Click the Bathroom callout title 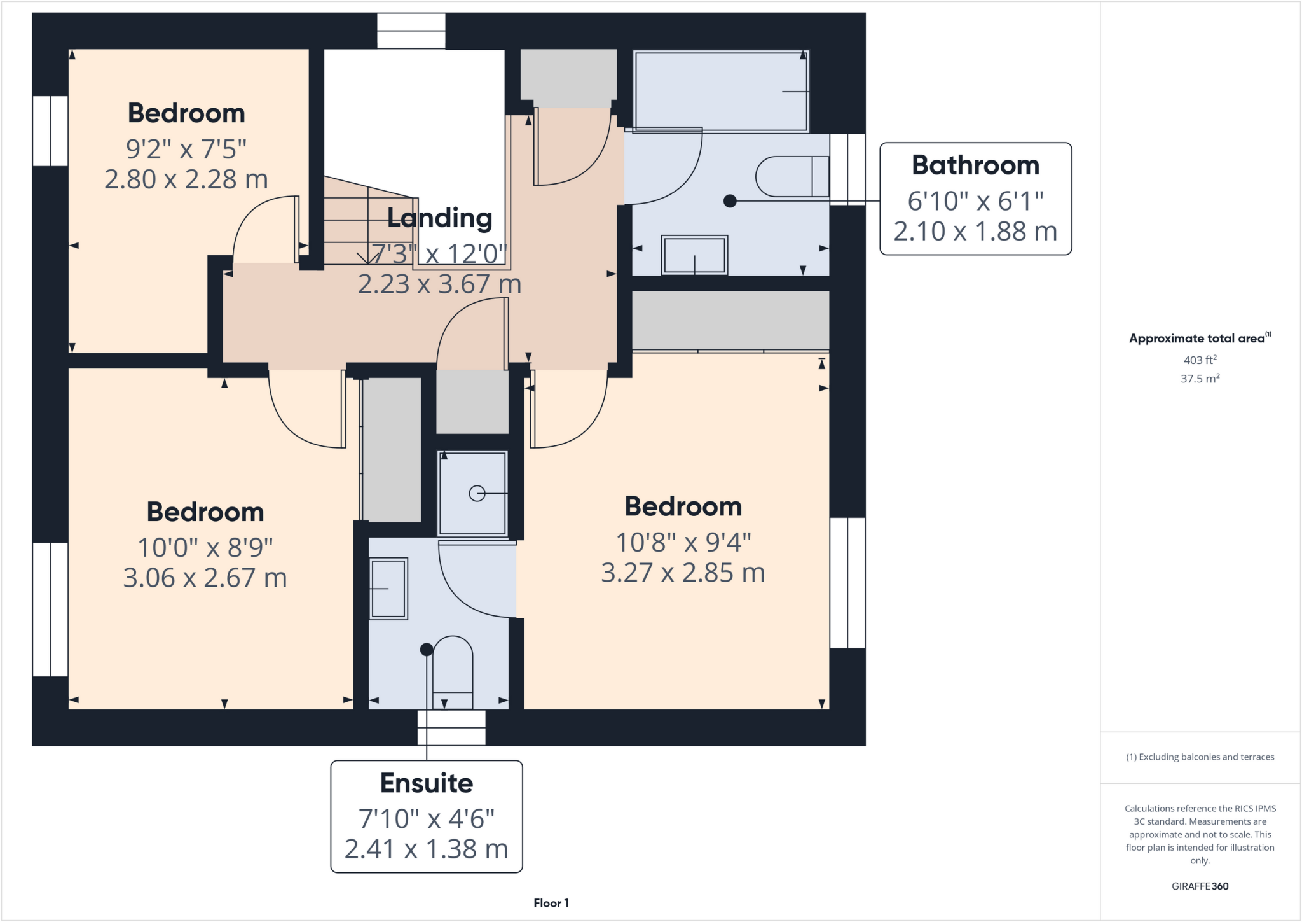pyautogui.click(x=975, y=165)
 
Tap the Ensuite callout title pyautogui.click(x=427, y=783)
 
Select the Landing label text pyautogui.click(x=440, y=218)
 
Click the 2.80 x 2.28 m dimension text pyautogui.click(x=186, y=179)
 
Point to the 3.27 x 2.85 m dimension pyautogui.click(x=683, y=573)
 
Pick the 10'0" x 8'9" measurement pyautogui.click(x=205, y=547)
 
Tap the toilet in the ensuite pyautogui.click(x=453, y=672)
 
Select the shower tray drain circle pyautogui.click(x=477, y=493)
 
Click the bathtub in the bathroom pyautogui.click(x=720, y=92)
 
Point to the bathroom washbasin pyautogui.click(x=694, y=255)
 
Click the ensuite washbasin pyautogui.click(x=388, y=589)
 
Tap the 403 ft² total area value pyautogui.click(x=1200, y=360)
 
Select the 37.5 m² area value pyautogui.click(x=1200, y=379)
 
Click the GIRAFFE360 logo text pyautogui.click(x=1200, y=886)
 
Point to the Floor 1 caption pyautogui.click(x=551, y=903)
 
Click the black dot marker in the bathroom pyautogui.click(x=730, y=201)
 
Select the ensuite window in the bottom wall pyautogui.click(x=451, y=727)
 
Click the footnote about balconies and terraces pyautogui.click(x=1200, y=757)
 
